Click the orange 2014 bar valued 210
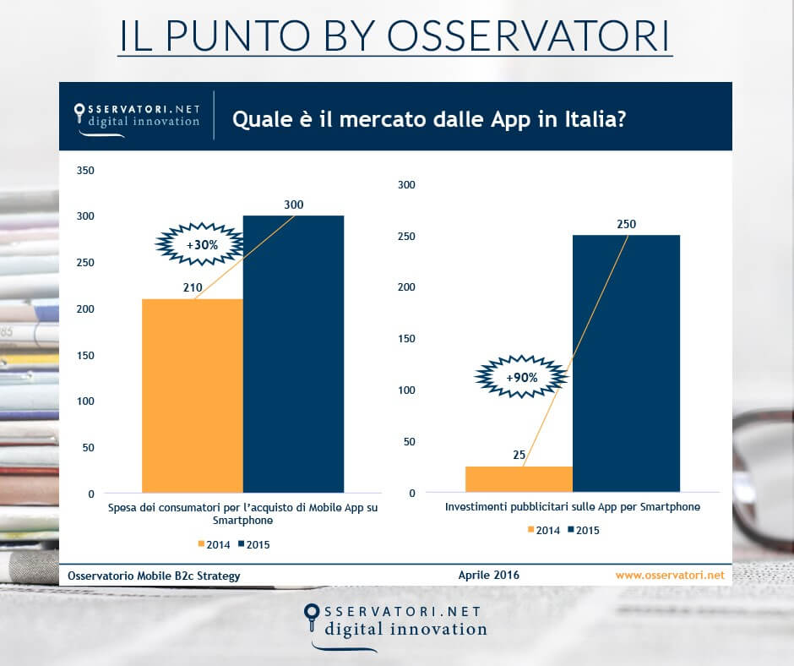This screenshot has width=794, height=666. [192, 395]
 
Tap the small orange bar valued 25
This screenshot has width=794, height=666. [519, 478]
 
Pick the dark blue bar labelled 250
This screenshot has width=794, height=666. [626, 363]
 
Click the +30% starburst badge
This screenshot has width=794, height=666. [199, 243]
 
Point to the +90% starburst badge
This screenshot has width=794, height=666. [520, 377]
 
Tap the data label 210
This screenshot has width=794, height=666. [192, 288]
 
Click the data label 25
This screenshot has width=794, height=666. [519, 455]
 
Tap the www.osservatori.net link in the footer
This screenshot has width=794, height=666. [669, 575]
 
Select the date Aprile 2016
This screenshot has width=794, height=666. [488, 575]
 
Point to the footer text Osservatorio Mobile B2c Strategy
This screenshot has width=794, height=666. [155, 576]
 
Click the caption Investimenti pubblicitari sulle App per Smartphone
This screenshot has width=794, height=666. [572, 508]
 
